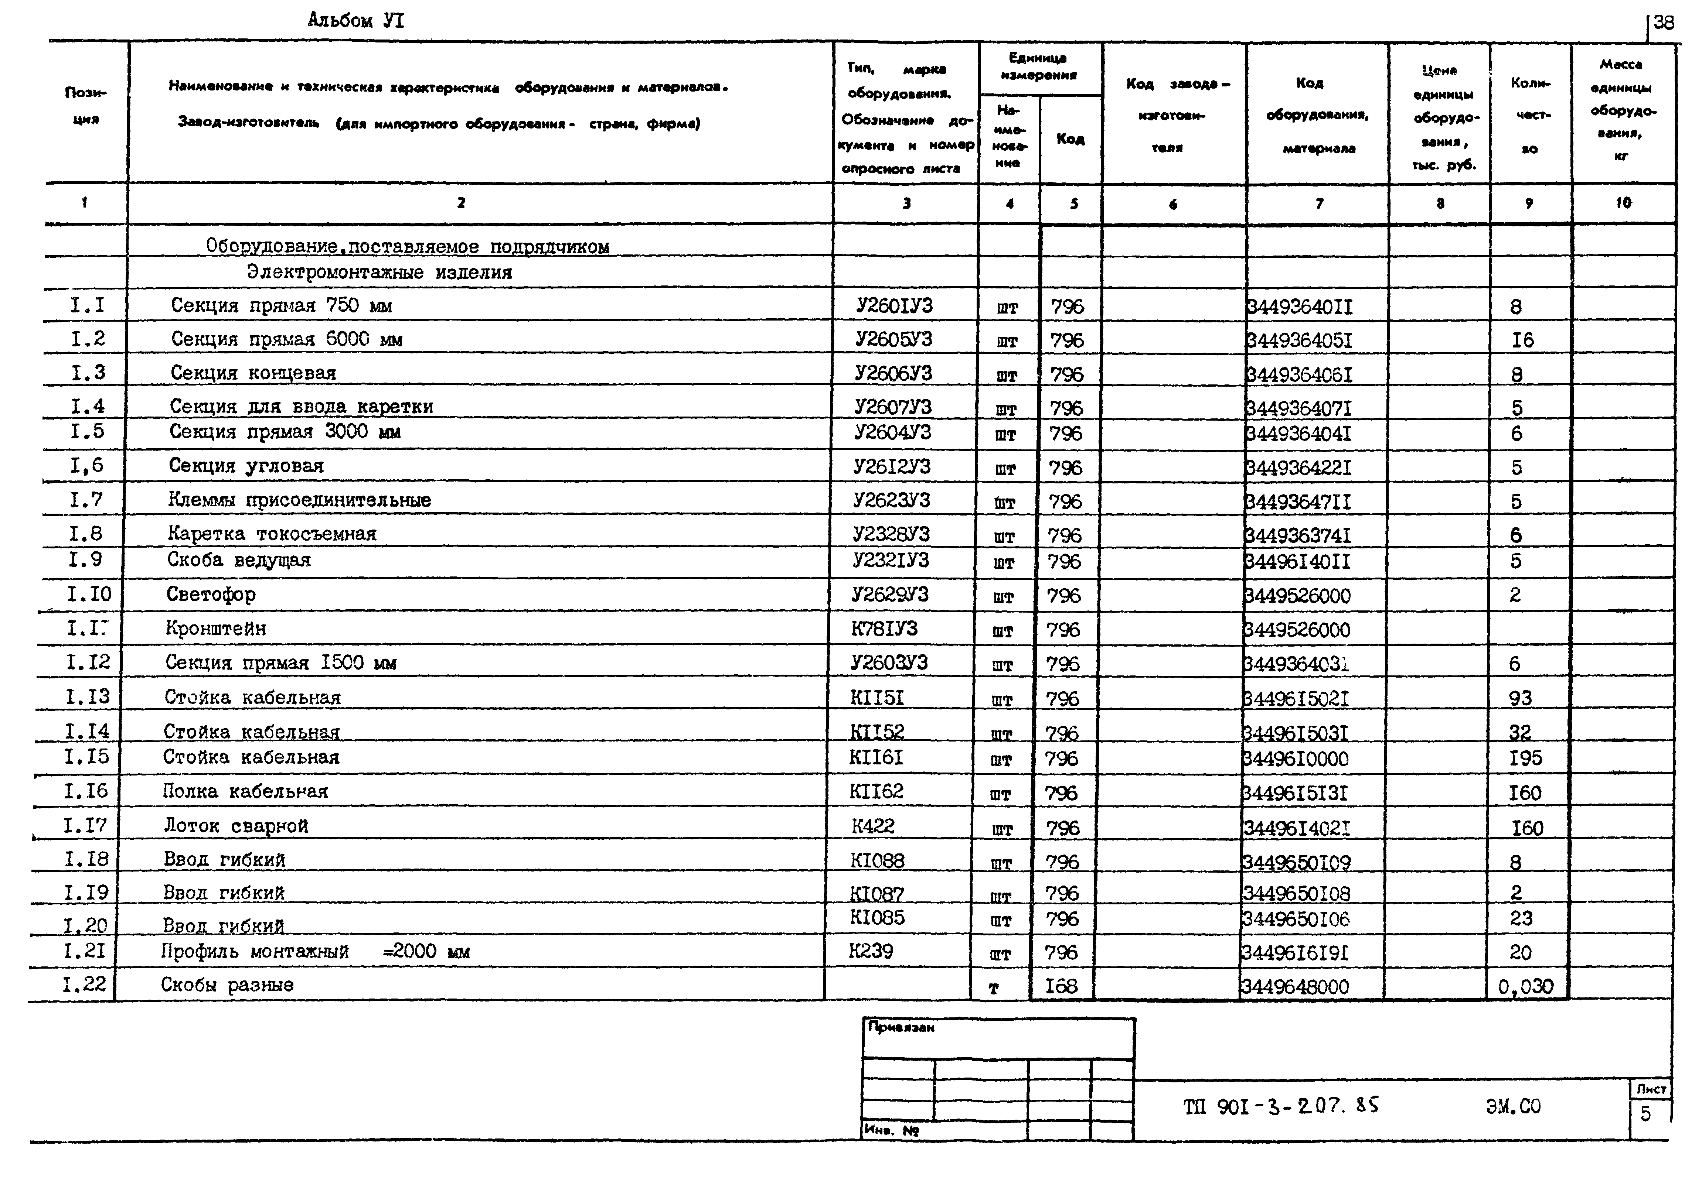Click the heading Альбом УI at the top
tap(356, 21)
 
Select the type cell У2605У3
tap(893, 339)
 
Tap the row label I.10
tap(89, 594)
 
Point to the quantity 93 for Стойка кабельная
tap(1519, 698)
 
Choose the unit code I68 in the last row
tap(1061, 986)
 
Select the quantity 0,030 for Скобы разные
tap(1525, 986)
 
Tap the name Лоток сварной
tap(235, 826)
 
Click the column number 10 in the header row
tap(1623, 203)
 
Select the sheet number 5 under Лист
tap(1646, 1114)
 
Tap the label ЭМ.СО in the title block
tap(1513, 1106)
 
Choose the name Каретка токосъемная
tap(272, 534)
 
